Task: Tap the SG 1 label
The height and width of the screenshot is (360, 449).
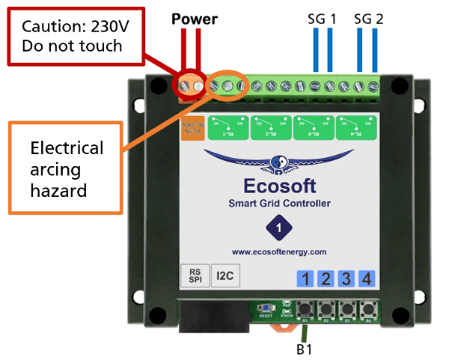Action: click(322, 18)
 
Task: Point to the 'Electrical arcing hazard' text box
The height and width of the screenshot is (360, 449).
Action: click(66, 169)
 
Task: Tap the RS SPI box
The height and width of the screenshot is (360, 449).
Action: click(193, 275)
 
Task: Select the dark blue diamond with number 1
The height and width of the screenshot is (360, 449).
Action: click(278, 227)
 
